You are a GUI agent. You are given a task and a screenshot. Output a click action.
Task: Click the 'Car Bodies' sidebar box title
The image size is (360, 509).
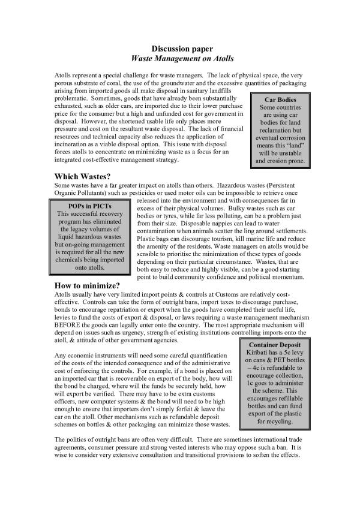point(280,100)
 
